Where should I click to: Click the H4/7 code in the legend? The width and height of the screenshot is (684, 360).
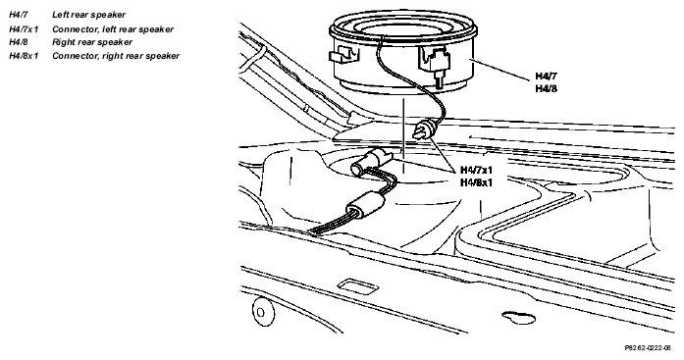18,15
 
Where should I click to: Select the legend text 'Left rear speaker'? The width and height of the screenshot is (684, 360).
88,15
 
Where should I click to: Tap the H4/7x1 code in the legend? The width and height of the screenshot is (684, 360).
24,29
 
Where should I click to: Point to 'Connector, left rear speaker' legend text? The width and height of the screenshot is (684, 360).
113,29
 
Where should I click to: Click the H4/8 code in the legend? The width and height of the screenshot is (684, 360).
18,42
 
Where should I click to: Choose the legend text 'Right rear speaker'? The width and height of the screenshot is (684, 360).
92,42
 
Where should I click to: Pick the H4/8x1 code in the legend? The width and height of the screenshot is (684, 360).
24,56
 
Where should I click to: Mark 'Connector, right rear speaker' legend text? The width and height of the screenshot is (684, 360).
116,56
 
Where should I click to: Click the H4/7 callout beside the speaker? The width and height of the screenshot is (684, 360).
547,77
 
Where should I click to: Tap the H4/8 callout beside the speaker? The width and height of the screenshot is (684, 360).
547,88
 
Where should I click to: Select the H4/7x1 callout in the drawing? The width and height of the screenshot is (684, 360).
476,170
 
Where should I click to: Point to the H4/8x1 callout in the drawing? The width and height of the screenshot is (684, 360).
476,182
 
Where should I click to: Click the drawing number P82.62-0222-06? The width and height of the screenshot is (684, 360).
648,348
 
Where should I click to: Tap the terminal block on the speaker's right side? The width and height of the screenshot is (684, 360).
438,64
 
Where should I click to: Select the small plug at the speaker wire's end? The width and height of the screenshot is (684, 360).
423,130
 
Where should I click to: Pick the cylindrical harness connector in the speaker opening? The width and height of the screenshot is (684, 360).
369,161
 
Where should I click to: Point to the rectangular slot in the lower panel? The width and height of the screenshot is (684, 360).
358,285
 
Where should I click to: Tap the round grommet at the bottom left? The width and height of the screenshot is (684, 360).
263,311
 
